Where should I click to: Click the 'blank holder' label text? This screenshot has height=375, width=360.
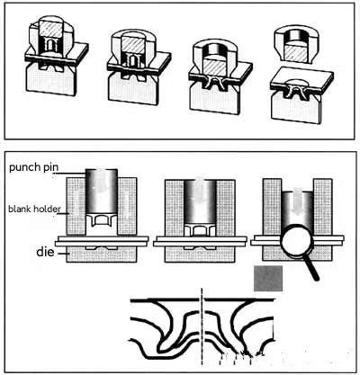[32, 209]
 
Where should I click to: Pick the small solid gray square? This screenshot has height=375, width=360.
[268, 279]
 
